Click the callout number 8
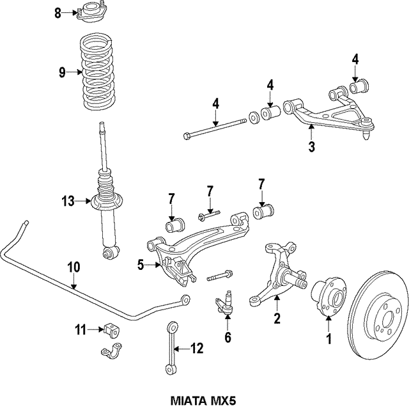[58, 13]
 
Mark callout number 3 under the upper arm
[311, 148]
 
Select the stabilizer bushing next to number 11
[112, 331]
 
